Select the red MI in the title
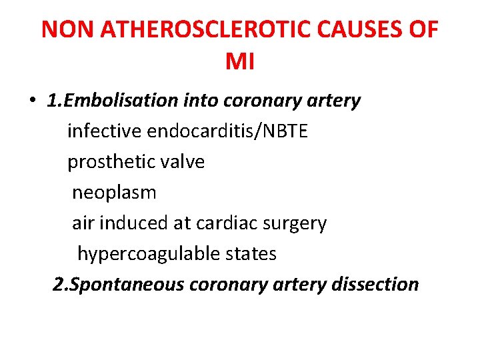[x=240, y=62]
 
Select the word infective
[x=105, y=131]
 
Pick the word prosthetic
[x=109, y=162]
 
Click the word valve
[x=181, y=162]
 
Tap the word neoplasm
[x=114, y=193]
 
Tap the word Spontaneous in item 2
[x=127, y=285]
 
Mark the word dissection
[x=373, y=285]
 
